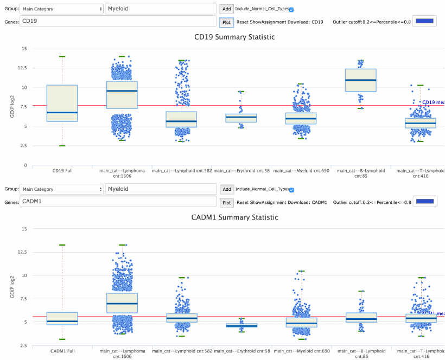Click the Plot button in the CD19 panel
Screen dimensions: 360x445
[227, 22]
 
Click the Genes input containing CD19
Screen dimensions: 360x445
[117, 22]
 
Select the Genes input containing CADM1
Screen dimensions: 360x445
[117, 202]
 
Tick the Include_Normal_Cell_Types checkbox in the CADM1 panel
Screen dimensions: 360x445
[291, 190]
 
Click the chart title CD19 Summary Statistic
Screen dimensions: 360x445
[234, 37]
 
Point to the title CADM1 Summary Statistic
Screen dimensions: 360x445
[234, 217]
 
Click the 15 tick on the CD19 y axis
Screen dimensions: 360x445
[23, 48]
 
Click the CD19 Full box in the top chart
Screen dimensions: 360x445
[62, 103]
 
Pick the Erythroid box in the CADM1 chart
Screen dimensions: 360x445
[241, 325]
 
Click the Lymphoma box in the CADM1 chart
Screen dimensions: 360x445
[122, 304]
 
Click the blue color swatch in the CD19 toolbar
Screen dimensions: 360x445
[424, 21]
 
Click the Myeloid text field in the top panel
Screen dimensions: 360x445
[161, 9]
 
